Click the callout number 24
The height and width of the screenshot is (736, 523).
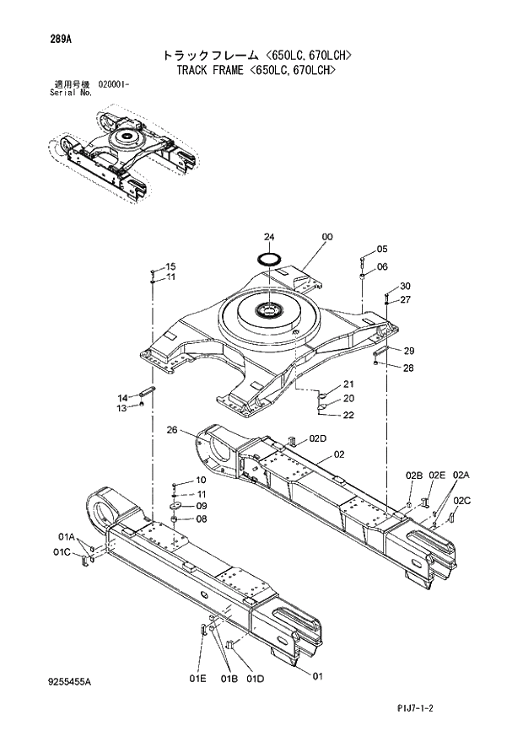268,237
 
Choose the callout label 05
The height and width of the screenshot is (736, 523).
381,249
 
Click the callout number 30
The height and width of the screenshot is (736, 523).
405,286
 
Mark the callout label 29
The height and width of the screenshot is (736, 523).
408,351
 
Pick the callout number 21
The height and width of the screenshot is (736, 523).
348,384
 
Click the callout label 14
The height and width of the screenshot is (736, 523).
122,397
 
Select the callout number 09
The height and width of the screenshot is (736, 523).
201,506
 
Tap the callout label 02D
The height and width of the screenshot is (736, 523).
317,438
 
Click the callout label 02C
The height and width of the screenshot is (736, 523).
461,501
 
